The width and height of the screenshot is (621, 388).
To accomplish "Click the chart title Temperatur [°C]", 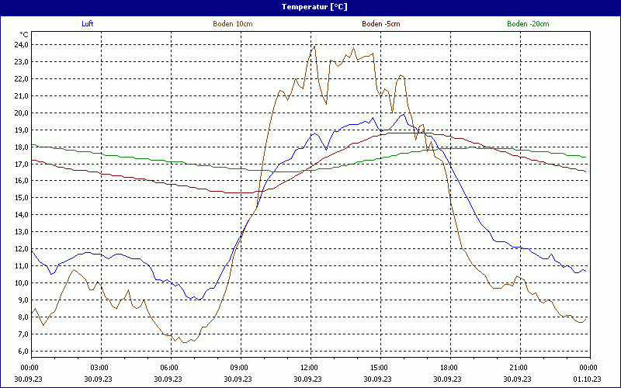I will tap(314, 6).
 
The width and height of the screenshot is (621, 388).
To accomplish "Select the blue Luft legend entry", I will tap(87, 24).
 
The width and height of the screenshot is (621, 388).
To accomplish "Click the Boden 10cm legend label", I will tap(232, 24).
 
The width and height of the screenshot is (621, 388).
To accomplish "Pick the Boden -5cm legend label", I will tap(380, 24).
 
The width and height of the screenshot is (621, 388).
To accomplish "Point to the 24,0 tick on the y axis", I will tap(20, 44).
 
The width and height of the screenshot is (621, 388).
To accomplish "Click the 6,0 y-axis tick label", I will tap(22, 352).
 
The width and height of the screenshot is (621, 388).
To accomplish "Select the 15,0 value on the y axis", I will tap(20, 198).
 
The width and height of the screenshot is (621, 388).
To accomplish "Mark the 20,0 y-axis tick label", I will tap(20, 113).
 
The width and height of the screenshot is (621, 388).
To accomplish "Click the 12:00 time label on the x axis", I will tap(309, 368).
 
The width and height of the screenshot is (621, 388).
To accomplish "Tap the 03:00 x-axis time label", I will tap(100, 368).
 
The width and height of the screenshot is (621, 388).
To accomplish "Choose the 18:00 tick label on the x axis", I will tap(449, 368).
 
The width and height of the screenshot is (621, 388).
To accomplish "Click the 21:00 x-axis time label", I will tap(519, 368).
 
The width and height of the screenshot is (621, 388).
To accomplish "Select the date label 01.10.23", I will tap(588, 379).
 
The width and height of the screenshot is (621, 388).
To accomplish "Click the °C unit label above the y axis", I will tap(25, 35).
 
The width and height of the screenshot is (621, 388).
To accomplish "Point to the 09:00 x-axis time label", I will tap(239, 368).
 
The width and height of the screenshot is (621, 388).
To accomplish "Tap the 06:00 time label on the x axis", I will tap(169, 368).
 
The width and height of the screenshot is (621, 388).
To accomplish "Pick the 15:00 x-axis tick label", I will tap(379, 368).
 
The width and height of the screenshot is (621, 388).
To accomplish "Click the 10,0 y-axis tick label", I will tap(20, 283).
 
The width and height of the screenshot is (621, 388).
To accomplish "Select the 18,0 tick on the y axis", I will tap(20, 147).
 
